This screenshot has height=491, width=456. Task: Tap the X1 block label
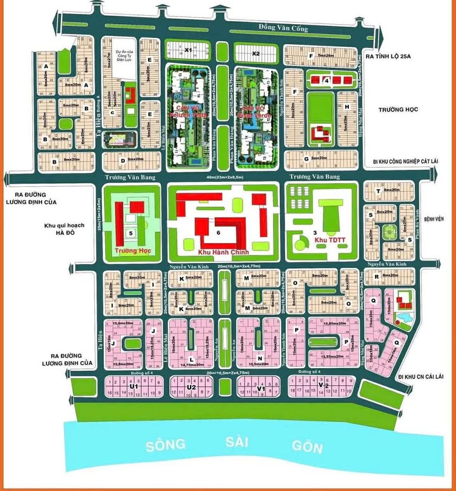188,49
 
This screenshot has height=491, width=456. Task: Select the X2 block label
256,54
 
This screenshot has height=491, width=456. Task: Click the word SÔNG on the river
166,445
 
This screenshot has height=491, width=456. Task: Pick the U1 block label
134,386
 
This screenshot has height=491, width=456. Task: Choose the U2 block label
191,386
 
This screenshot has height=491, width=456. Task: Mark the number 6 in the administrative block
218,233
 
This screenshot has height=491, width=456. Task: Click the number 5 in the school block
130,234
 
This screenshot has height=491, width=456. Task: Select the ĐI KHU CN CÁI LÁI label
427,376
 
